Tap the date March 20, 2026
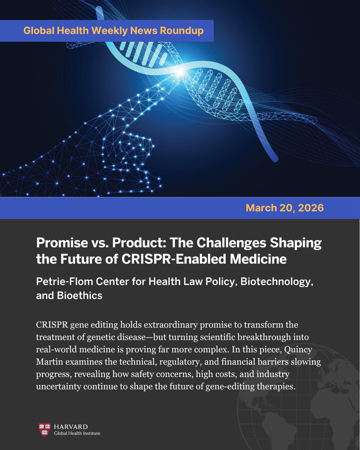285,208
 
